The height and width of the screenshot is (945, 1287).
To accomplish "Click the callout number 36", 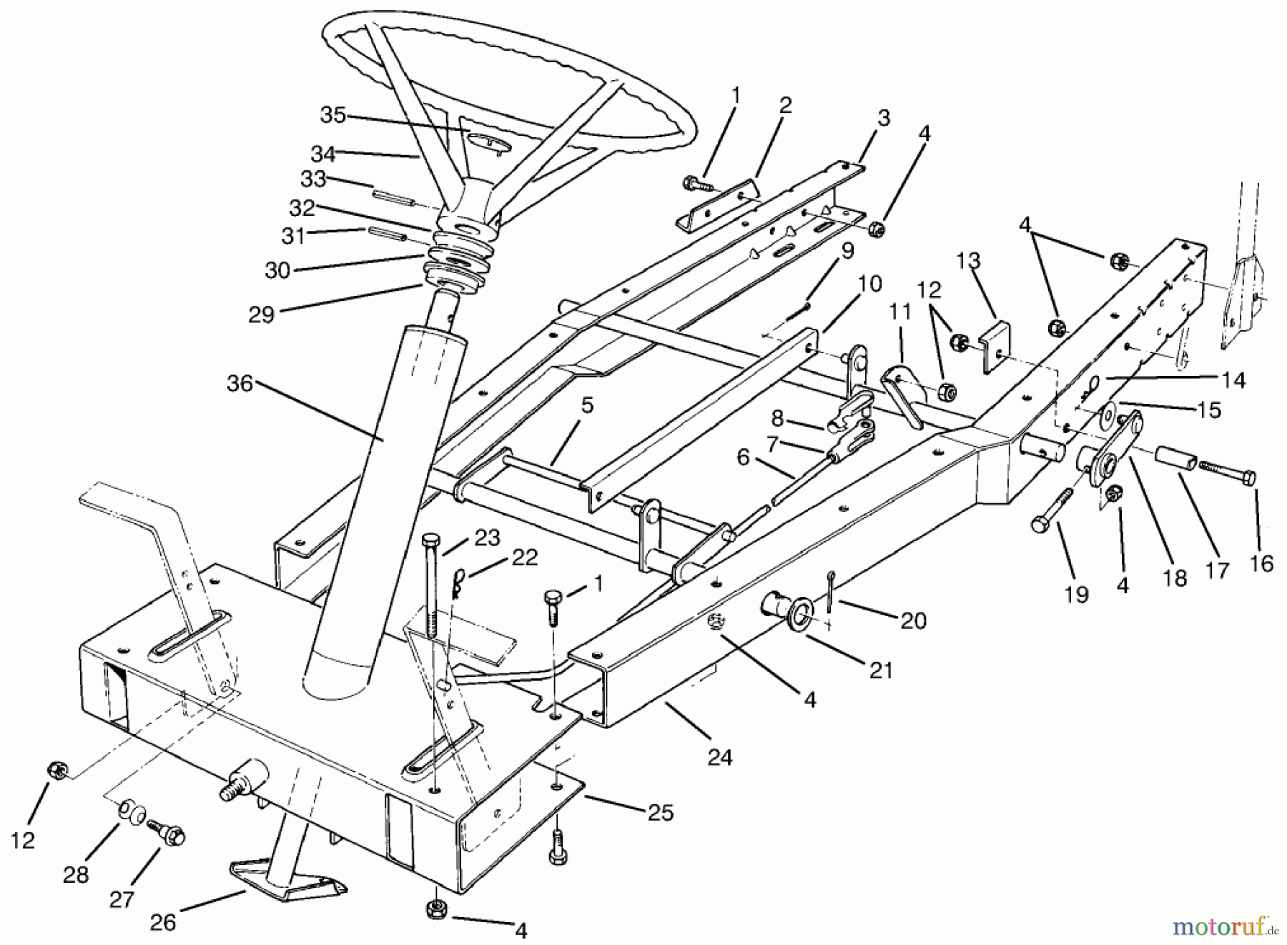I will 240,384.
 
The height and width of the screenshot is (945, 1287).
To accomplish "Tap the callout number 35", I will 332,115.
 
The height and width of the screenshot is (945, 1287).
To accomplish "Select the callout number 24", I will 720,757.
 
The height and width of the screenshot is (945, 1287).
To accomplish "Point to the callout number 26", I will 163,922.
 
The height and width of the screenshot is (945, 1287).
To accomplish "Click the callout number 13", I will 969,261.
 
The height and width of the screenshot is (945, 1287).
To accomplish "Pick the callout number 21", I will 882,670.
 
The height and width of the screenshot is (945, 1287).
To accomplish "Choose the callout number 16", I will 1262,563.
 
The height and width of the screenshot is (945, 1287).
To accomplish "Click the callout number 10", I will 869,284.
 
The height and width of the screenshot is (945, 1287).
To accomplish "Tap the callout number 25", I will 661,813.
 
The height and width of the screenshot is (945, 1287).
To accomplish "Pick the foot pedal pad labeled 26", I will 286,880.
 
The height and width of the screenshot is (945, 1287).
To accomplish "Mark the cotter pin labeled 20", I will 829,590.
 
